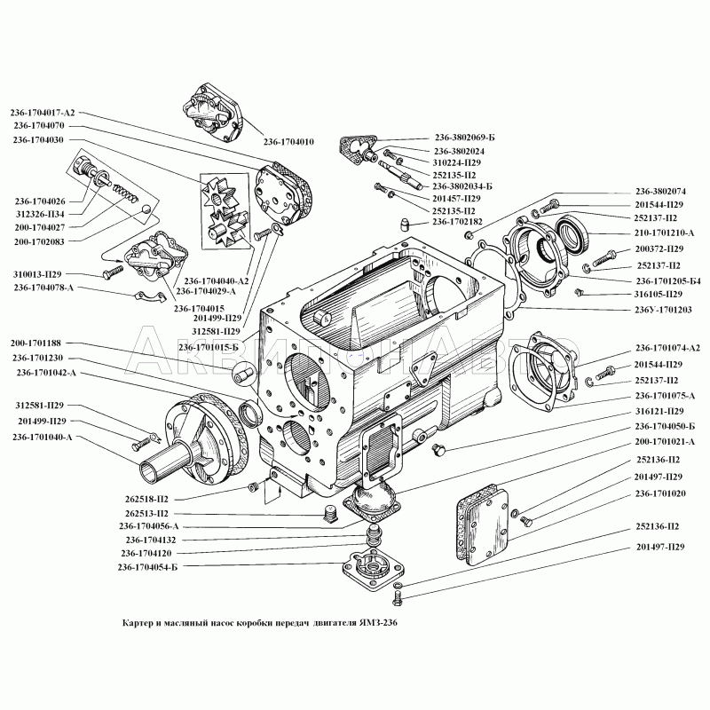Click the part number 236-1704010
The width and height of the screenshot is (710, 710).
[290, 141]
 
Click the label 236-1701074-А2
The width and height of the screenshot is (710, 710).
[667, 348]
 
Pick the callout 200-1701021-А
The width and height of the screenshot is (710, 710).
[666, 441]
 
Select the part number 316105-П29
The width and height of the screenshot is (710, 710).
[659, 294]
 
